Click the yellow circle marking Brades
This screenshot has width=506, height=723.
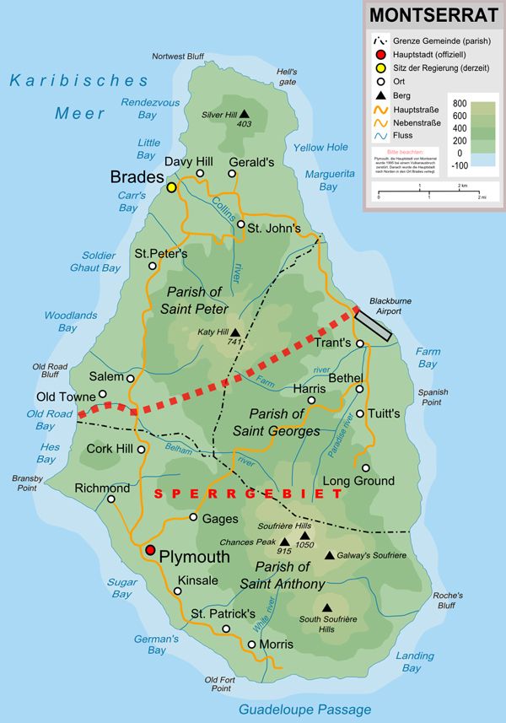[x=172, y=187]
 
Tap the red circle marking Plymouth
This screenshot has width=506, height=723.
[x=150, y=550]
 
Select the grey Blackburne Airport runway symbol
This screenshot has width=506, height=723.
[x=372, y=325]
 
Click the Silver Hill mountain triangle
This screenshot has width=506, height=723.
[x=245, y=114]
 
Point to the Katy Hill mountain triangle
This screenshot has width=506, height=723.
[x=235, y=332]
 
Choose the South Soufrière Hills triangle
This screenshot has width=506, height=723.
[x=326, y=607]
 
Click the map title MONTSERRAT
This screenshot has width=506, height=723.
[x=433, y=15]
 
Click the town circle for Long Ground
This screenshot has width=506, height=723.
[x=365, y=467]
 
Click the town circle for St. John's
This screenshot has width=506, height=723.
[x=241, y=224]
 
